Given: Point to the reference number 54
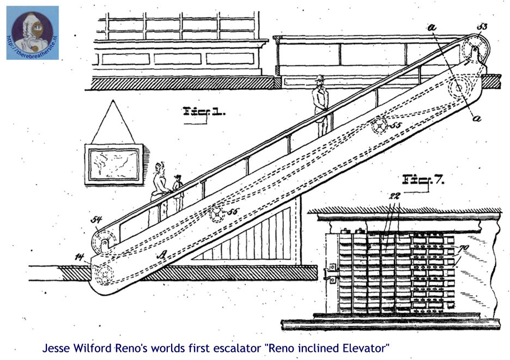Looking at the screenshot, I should pos(97,220).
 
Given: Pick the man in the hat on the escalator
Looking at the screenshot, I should pos(321,104).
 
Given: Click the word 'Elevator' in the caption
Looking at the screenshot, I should pos(368,347).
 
